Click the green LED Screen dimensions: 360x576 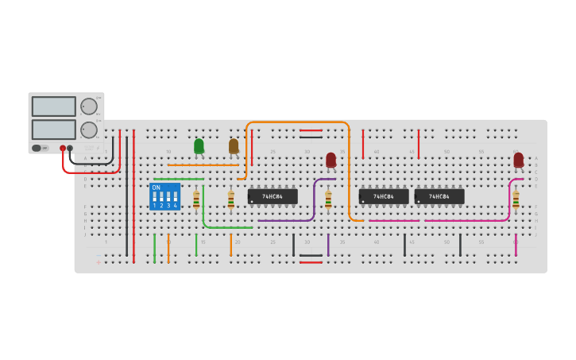click(199, 146)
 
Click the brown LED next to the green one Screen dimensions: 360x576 click(234, 146)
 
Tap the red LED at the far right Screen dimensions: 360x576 click(518, 161)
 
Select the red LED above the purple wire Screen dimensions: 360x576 click(331, 161)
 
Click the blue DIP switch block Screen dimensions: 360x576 click(164, 196)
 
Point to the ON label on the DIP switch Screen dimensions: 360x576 click(156, 188)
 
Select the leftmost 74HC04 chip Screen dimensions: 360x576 click(273, 196)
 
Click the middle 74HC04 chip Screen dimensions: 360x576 click(384, 196)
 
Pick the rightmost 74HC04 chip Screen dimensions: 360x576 click(439, 196)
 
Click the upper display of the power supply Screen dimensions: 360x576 click(54, 106)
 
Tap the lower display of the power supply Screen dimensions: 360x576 click(54, 130)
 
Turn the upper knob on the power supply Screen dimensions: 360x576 click(89, 106)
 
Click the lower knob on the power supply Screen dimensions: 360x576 click(89, 130)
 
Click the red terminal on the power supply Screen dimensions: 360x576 click(63, 148)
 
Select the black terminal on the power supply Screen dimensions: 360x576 click(70, 148)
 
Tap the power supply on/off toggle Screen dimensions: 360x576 click(37, 148)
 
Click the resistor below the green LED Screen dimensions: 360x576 click(196, 199)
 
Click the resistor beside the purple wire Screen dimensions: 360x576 click(328, 199)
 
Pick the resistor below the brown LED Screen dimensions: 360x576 click(231, 199)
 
